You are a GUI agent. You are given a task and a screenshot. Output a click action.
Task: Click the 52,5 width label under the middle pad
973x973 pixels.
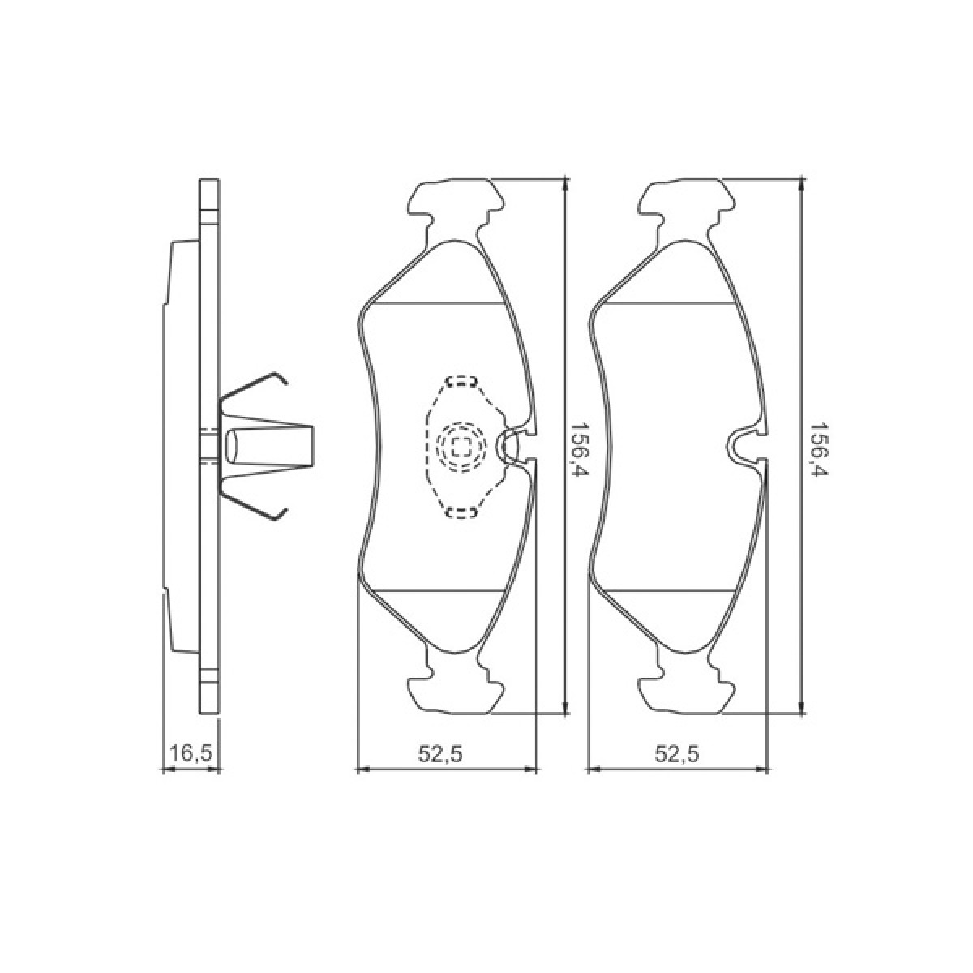click(440, 753)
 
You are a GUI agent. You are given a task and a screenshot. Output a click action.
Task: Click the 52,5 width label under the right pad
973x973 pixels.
click(677, 753)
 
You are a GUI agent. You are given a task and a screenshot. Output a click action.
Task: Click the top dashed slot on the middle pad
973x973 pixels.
click(461, 380)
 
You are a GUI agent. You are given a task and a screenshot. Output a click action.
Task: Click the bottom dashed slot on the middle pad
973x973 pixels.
click(461, 512)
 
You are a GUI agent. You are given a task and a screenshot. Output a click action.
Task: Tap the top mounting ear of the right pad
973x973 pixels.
click(688, 199)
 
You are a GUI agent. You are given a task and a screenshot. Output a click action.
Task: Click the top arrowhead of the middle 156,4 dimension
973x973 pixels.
click(564, 186)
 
